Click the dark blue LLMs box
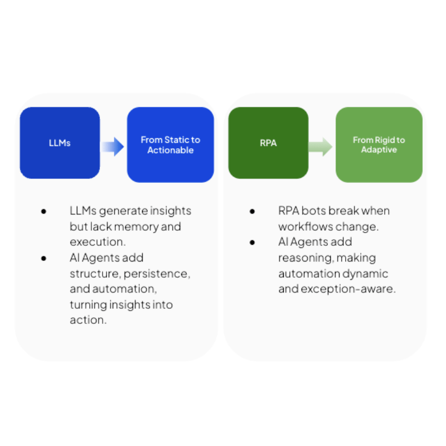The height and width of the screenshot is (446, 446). [x=60, y=143]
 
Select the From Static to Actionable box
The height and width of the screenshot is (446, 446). [x=170, y=145]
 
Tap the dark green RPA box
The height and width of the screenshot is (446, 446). [x=268, y=143]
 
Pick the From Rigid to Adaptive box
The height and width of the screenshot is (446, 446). [x=379, y=145]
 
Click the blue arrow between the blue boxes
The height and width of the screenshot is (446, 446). [x=113, y=147]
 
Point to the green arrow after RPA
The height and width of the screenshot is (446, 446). [x=321, y=147]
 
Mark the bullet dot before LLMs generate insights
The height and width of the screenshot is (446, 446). [x=43, y=211]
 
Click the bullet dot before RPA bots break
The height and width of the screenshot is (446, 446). [x=252, y=211]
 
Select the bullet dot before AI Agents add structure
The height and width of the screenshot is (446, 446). [x=43, y=258]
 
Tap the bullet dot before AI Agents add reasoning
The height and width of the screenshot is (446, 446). [x=252, y=243]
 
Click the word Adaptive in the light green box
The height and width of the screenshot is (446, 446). [x=379, y=150]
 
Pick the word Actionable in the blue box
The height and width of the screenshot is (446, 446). [x=170, y=150]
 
